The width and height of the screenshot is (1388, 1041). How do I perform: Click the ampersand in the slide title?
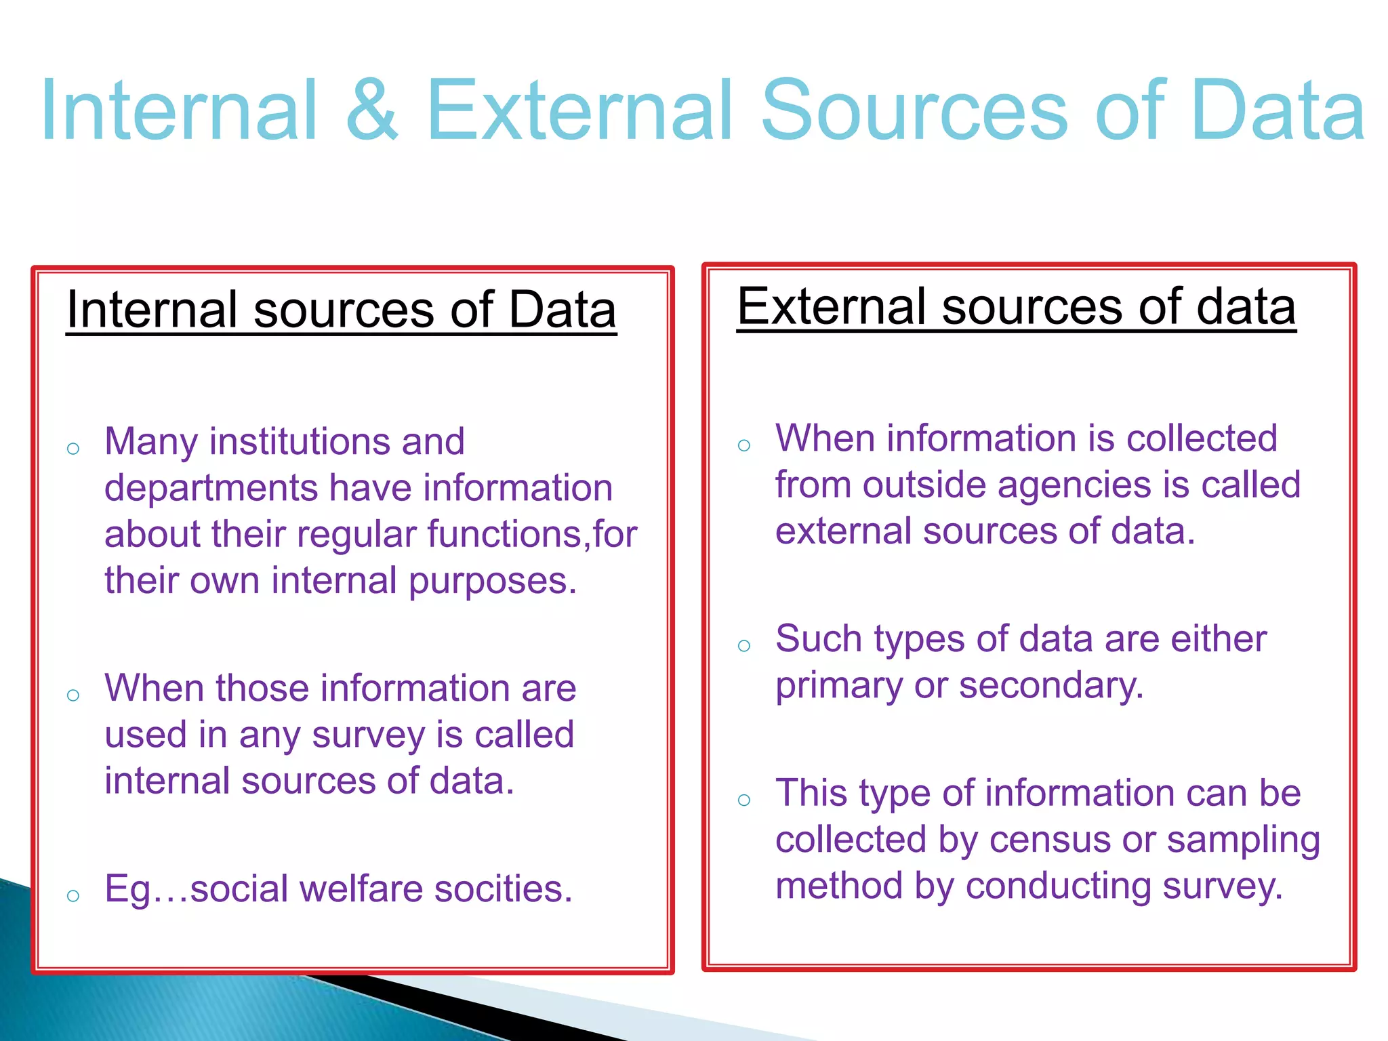coord(371,110)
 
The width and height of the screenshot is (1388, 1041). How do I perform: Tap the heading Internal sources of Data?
coord(342,310)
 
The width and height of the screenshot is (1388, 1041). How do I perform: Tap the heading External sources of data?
coord(1016,306)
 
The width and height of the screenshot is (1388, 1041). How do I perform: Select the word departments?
coord(211,489)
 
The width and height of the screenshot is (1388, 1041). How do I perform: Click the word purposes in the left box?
coord(492,581)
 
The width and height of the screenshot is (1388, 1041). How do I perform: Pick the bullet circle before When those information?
coord(73,695)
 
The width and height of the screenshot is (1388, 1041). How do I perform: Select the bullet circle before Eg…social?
coord(73,896)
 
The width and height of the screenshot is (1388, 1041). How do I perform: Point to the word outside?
coord(924,485)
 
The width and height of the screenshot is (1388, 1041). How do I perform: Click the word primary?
coord(838,686)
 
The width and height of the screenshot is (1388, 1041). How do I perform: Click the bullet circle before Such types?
coord(744,645)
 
